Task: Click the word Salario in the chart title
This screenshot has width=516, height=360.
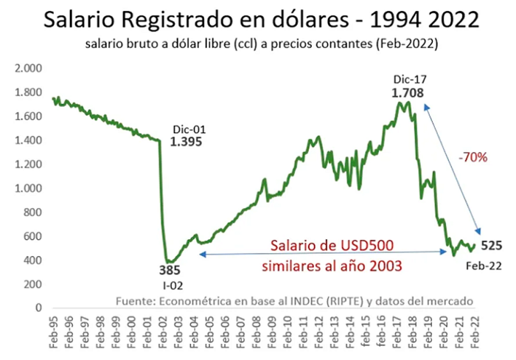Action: coord(80,19)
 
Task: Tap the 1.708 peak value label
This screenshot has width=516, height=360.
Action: coord(408,93)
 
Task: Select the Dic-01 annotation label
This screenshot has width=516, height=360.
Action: coord(189,129)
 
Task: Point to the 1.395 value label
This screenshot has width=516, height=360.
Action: coord(186,142)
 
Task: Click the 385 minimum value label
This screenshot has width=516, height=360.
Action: coord(170,270)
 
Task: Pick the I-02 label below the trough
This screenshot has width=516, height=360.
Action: coord(173,285)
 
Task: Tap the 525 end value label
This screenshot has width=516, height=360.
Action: coord(492,246)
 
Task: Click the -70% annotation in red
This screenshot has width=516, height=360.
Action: coord(473,157)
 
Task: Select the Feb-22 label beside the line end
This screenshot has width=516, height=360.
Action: coord(484,266)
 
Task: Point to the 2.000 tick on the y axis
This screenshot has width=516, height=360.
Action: coord(28,68)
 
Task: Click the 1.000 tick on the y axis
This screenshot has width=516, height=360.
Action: coord(28,188)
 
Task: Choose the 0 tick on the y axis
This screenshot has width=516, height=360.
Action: coord(39,308)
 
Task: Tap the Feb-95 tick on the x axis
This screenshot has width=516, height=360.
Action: coord(53,332)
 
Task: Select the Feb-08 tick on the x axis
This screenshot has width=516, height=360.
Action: coord(257,332)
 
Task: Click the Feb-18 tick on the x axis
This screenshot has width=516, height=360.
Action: coord(412,332)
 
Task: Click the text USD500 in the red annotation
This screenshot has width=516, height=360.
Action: coord(367,246)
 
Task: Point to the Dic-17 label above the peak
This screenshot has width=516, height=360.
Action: coord(410,80)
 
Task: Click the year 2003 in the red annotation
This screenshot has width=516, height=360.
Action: coord(386,266)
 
